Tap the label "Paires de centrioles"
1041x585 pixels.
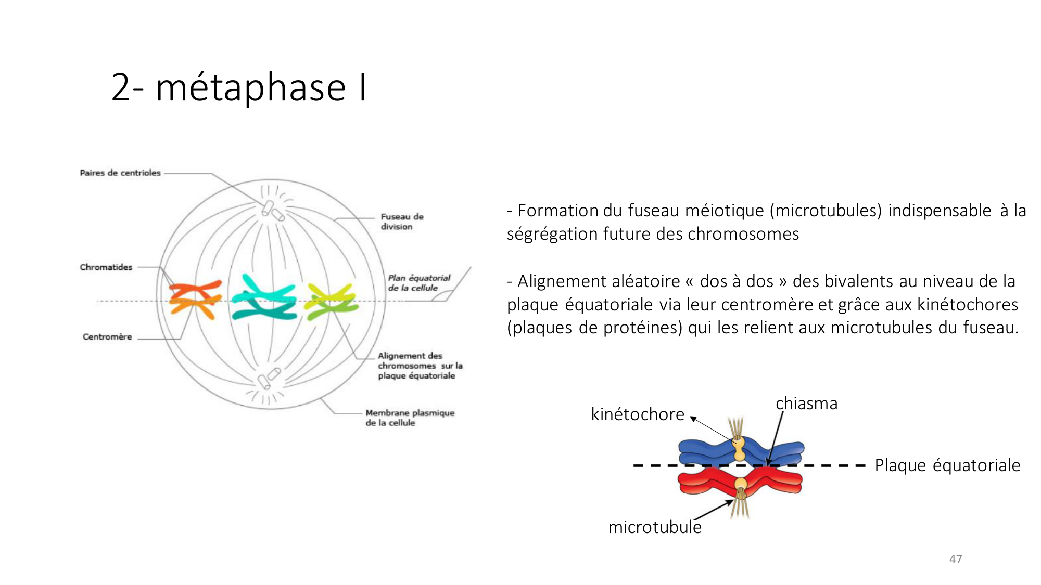[120, 173]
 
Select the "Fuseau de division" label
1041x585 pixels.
[401, 222]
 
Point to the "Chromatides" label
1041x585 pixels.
[106, 267]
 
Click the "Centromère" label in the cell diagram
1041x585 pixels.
[107, 336]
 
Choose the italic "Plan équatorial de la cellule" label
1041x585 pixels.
[418, 282]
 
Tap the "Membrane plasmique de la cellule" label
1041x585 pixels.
[409, 418]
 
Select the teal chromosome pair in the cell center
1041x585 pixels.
[264, 299]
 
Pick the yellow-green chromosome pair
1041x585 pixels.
[331, 301]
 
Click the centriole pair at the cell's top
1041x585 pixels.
[272, 210]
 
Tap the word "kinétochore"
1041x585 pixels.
[638, 414]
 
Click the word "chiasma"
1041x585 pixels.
[806, 404]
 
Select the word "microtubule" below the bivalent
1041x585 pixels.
[655, 527]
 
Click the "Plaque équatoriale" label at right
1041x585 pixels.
[947, 465]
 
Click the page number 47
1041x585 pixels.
[955, 559]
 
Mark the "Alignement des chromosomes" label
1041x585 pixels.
[416, 366]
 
